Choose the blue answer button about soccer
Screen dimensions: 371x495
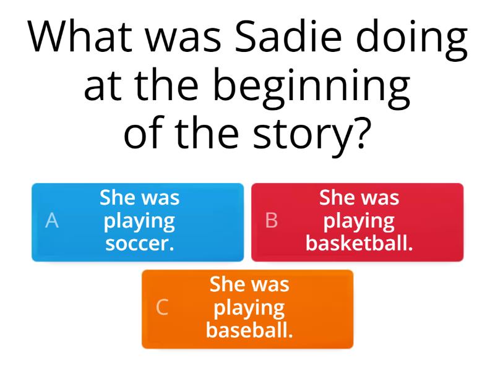tap(137, 222)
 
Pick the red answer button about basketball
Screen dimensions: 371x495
tap(357, 222)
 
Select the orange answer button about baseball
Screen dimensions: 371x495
tap(247, 309)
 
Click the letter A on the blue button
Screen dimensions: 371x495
tap(53, 221)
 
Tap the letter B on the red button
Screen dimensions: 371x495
tap(272, 221)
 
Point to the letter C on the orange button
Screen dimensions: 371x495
tap(162, 307)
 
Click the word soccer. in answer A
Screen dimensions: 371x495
tap(140, 243)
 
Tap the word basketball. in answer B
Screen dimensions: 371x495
tap(359, 243)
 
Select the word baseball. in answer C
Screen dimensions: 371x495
tap(249, 330)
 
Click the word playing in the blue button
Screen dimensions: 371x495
tap(140, 221)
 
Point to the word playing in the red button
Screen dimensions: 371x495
tap(359, 221)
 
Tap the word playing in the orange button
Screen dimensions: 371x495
tap(249, 308)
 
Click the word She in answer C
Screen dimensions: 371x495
tap(223, 284)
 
